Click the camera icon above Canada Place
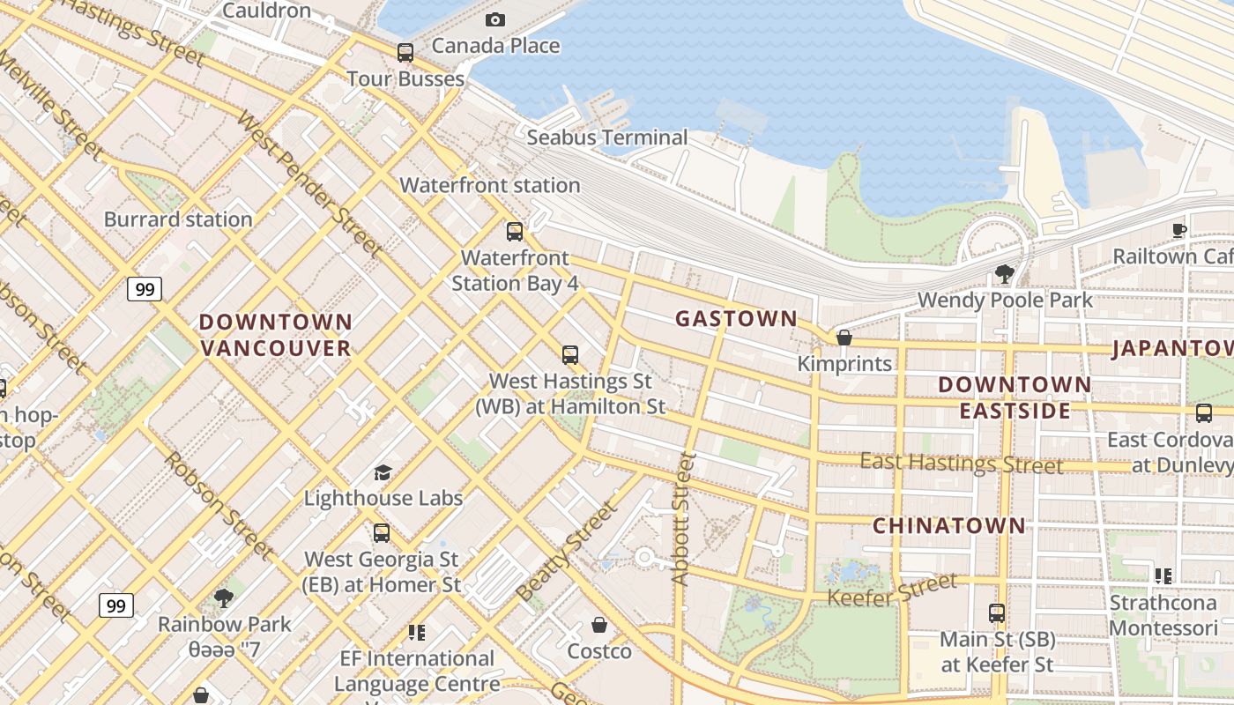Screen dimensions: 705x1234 [x=495, y=19]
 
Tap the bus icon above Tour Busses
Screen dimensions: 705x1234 [x=405, y=53]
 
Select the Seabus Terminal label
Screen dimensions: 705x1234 [x=606, y=137]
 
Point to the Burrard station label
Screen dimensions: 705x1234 [x=178, y=219]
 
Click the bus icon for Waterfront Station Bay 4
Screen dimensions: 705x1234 [x=515, y=232]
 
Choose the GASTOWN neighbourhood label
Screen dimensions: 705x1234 [x=736, y=319]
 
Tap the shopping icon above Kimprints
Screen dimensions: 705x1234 [x=844, y=338]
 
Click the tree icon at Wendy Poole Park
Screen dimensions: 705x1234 [x=1004, y=274]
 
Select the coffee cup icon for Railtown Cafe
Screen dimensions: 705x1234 [x=1179, y=231]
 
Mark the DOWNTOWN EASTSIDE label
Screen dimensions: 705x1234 [x=1015, y=397]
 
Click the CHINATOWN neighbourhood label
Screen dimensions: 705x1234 [x=949, y=526]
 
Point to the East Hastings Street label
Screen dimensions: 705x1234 [x=961, y=463]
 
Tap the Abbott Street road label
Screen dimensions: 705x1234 [x=682, y=519]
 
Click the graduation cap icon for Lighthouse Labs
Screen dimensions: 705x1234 [x=383, y=473]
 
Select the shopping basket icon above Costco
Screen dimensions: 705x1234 [x=599, y=625]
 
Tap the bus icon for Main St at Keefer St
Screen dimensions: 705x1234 [x=997, y=612]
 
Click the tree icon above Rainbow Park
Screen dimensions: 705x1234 [x=224, y=598]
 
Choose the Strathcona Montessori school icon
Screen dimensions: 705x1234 [x=1163, y=576]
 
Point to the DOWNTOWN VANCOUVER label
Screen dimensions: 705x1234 [x=276, y=335]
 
